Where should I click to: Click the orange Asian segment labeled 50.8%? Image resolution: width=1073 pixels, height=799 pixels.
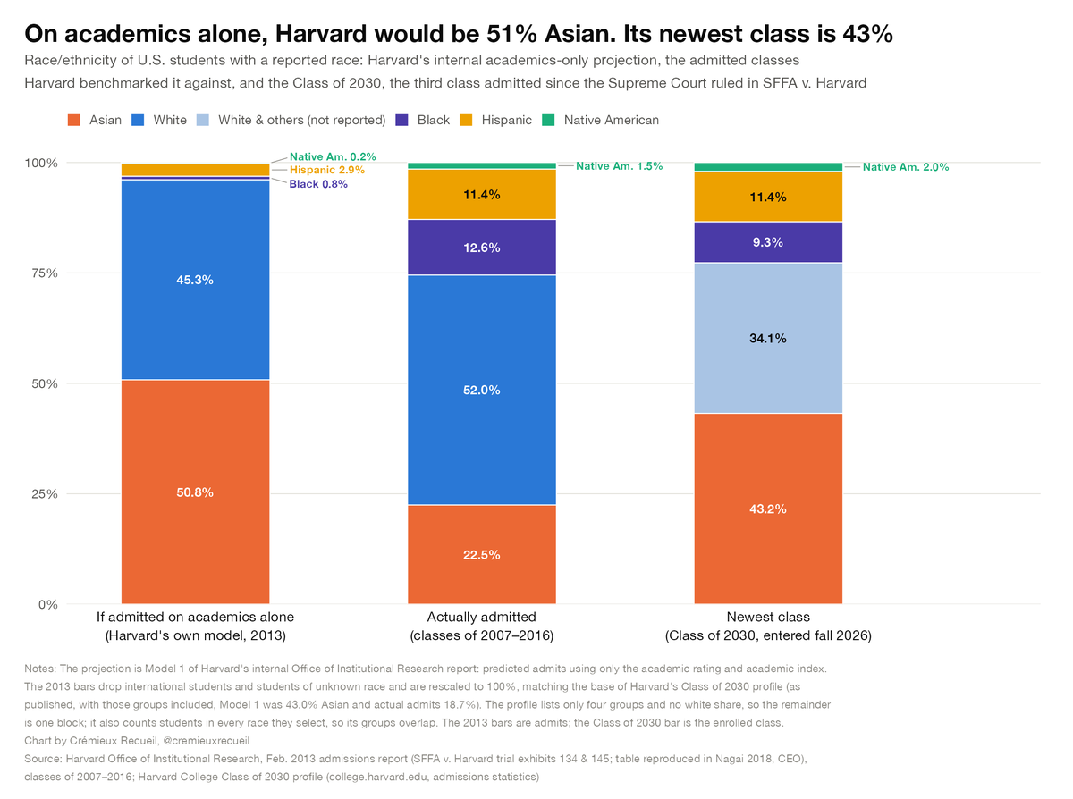click(195, 492)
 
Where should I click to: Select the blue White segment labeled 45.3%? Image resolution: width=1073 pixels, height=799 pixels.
click(195, 280)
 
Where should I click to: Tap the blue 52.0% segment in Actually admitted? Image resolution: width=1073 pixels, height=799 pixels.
click(481, 390)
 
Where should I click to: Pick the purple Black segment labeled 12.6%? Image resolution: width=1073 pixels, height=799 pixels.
click(481, 248)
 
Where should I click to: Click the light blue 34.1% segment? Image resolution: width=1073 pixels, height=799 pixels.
click(768, 338)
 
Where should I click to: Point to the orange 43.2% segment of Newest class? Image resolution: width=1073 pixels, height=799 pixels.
click(768, 509)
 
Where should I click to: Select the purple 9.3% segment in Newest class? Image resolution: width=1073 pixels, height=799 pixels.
click(768, 242)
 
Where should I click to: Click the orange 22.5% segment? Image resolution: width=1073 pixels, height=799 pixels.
click(481, 554)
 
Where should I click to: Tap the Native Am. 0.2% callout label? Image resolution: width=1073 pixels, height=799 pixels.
click(333, 156)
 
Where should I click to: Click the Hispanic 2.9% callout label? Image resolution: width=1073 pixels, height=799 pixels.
click(327, 170)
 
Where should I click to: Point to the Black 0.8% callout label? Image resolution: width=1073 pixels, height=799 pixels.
click(318, 184)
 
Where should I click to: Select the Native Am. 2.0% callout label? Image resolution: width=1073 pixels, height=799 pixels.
click(906, 167)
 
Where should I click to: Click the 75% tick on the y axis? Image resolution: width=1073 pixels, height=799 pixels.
click(45, 273)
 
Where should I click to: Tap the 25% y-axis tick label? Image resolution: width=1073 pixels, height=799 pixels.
click(45, 494)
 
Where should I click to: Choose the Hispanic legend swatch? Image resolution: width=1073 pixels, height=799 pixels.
click(466, 120)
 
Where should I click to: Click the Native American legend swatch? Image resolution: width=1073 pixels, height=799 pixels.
click(548, 120)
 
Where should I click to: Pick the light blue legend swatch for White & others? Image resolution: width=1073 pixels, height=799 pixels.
click(203, 120)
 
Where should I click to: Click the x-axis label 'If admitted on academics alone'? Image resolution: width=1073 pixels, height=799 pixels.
click(195, 617)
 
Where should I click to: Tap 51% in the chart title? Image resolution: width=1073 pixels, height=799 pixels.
click(511, 33)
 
